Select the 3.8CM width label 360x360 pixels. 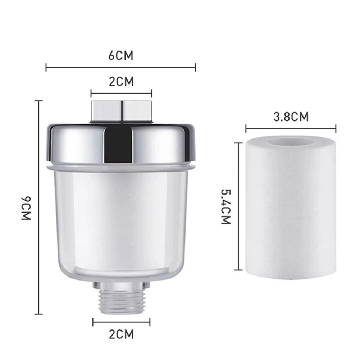(291, 117)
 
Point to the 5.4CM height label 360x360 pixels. (225, 206)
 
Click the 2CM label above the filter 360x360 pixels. (121, 82)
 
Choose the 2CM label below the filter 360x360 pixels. (121, 334)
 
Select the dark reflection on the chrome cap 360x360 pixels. (119, 144)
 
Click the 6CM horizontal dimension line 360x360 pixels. (120, 67)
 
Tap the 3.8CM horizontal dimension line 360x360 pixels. (291, 128)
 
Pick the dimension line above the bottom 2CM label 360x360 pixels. (121, 322)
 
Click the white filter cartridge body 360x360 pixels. (291, 212)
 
